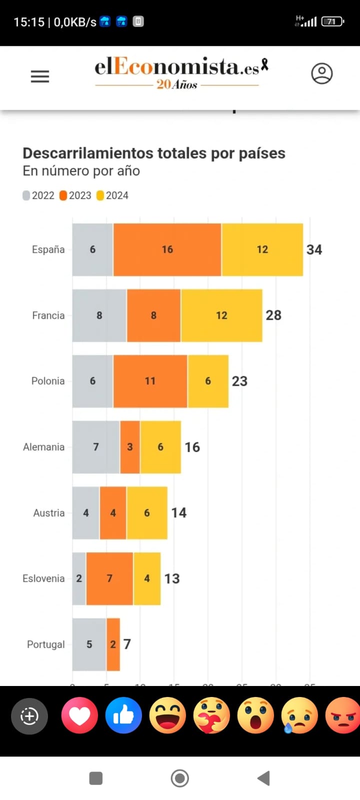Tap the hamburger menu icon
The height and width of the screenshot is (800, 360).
[x=40, y=76]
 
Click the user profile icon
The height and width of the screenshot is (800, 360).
[x=321, y=73]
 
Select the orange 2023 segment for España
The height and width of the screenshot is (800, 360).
[x=167, y=249]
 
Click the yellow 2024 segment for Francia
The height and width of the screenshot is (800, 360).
[x=221, y=315]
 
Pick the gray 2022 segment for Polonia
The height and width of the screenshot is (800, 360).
[x=92, y=381]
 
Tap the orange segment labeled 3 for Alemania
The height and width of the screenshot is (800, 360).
[x=130, y=447]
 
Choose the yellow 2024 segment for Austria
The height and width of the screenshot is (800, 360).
[x=146, y=513]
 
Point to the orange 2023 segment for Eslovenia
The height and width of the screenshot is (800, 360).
[x=109, y=578]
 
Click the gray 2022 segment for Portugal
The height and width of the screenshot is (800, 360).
[x=89, y=644]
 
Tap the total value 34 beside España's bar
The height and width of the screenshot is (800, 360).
[x=314, y=249]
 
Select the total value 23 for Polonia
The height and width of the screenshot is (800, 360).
[x=239, y=381]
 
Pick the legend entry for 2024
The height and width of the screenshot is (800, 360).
[x=112, y=195]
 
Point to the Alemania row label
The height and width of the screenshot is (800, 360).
[x=43, y=447]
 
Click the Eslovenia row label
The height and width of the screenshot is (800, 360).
[x=43, y=578]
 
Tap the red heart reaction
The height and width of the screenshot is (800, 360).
[x=79, y=715]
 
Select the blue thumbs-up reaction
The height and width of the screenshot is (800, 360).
[x=123, y=715]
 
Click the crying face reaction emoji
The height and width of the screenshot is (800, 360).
[x=299, y=715]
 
